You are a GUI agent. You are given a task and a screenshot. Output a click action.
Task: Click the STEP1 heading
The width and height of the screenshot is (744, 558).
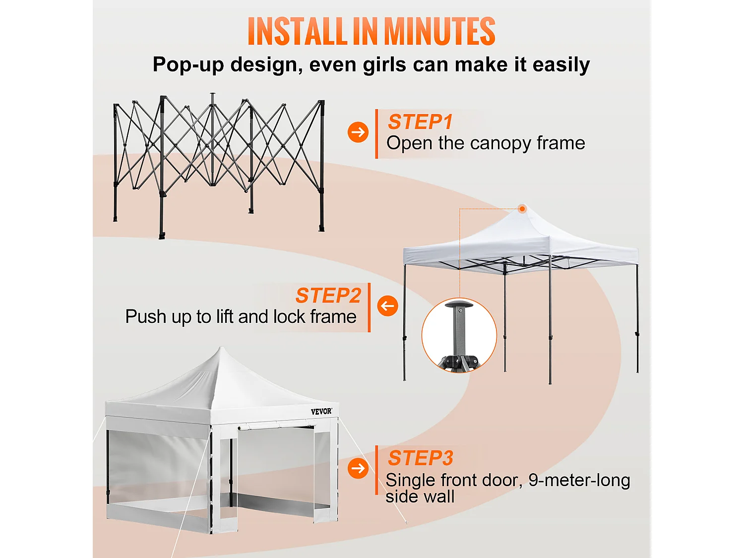420,122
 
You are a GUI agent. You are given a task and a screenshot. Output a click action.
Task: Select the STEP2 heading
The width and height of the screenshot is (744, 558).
328,296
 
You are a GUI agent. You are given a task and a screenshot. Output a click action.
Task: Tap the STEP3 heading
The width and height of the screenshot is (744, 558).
421,458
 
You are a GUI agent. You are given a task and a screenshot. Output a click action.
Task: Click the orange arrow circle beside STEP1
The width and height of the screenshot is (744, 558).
358,132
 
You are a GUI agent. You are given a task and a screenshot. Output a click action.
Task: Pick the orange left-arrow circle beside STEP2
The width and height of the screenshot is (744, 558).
387,306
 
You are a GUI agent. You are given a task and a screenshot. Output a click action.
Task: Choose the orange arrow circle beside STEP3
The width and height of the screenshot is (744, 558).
358,468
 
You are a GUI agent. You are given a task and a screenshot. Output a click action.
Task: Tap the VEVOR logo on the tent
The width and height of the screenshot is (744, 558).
321,411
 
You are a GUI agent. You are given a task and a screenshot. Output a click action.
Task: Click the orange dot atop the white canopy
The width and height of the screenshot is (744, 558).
522,209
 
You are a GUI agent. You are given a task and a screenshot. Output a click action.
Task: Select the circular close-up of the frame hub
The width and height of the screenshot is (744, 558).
459,335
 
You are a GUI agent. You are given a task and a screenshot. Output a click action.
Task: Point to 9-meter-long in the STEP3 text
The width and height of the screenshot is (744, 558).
579,480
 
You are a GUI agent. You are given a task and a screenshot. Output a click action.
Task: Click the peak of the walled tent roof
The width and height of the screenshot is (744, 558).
221,349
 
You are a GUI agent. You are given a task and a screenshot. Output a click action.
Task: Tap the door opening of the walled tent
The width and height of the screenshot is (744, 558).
275,466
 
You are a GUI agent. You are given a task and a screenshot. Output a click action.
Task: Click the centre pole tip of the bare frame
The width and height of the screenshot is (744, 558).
212,94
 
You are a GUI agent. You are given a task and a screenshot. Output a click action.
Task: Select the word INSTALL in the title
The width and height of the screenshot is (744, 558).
298,32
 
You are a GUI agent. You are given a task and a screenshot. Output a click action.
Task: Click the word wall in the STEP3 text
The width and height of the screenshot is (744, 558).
439,496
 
